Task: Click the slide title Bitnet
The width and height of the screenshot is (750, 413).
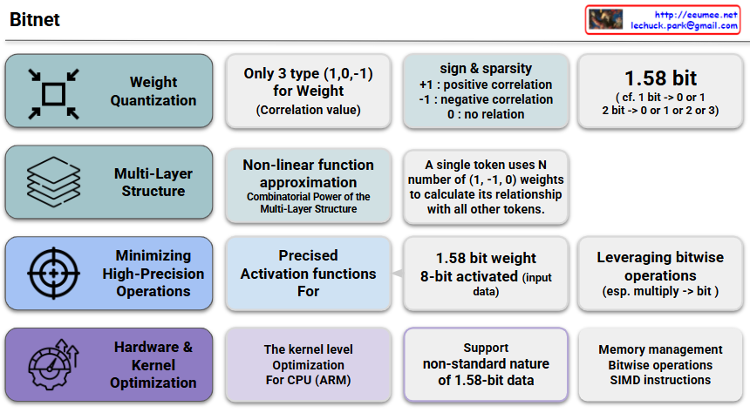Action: (x=34, y=19)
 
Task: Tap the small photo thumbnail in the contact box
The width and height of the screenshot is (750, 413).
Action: (x=605, y=19)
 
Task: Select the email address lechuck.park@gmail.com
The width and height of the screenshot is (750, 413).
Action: (x=684, y=26)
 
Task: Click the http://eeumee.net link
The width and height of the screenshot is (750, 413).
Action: (x=696, y=15)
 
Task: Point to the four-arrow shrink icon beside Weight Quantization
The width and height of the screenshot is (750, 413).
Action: (x=53, y=94)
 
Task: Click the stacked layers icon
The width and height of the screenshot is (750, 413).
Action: (x=53, y=181)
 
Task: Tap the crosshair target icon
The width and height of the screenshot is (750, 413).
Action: (x=53, y=274)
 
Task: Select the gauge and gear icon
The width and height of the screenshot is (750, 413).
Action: (x=53, y=364)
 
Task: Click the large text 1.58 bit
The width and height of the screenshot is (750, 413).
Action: (x=660, y=78)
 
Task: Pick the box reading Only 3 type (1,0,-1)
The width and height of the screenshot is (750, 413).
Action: (x=309, y=91)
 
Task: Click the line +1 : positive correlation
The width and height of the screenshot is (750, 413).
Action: (x=486, y=85)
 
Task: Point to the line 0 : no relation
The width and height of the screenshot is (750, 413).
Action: (x=486, y=114)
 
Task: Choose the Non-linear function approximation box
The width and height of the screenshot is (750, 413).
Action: (x=309, y=186)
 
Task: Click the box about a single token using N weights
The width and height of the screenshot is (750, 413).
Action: (x=486, y=187)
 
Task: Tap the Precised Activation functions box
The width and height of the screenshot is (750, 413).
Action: (x=309, y=274)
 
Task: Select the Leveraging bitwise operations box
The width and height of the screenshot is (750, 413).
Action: (x=660, y=274)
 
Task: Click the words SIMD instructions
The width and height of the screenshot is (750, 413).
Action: (x=660, y=380)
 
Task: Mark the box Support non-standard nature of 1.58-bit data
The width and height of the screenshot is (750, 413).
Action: (x=486, y=364)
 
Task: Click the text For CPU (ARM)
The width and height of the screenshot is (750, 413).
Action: (x=309, y=380)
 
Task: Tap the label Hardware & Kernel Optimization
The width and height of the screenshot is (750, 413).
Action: (x=153, y=365)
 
